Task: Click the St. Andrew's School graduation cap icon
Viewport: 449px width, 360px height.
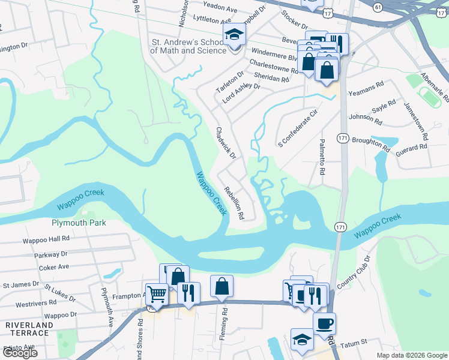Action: (234, 35)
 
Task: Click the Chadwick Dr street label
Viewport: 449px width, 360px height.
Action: (226, 142)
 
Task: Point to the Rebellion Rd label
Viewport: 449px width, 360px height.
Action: (234, 202)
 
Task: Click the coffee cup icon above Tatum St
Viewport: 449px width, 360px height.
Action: (325, 324)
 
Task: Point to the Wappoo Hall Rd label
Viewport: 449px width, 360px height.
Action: (46, 238)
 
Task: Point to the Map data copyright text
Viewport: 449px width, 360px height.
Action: (412, 355)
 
